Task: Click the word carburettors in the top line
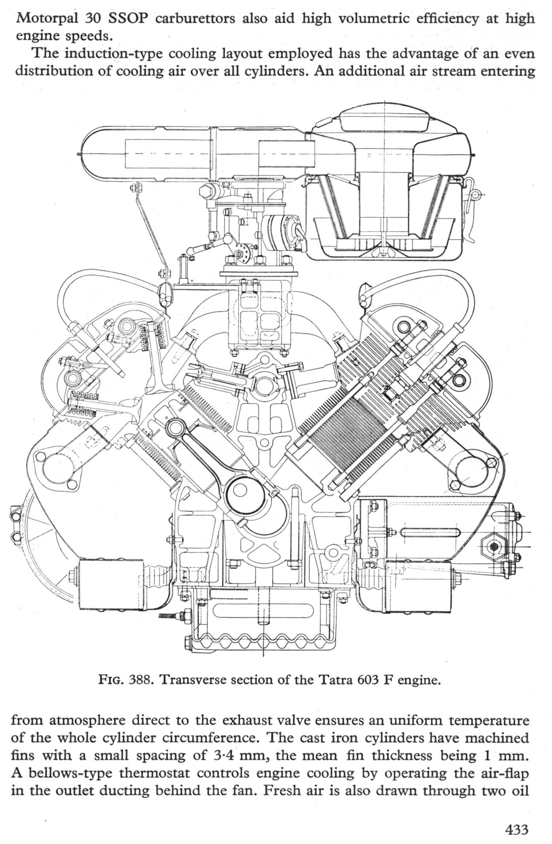coord(194,19)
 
